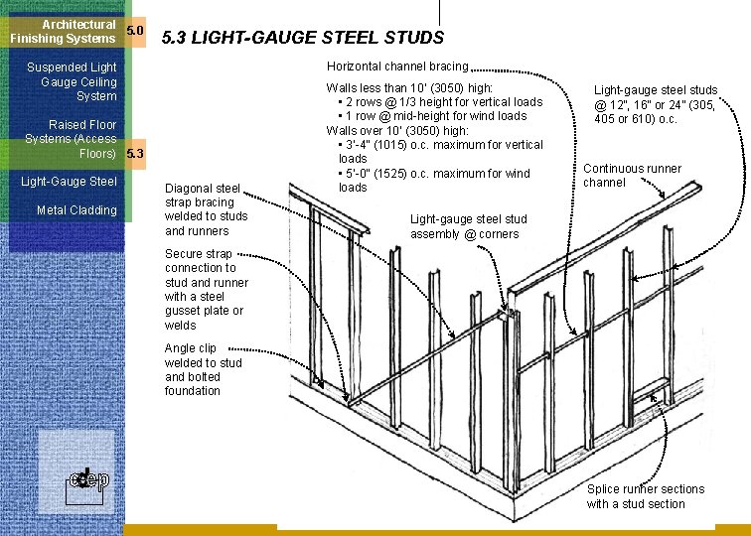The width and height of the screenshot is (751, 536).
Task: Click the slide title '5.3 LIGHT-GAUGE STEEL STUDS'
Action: click(x=302, y=39)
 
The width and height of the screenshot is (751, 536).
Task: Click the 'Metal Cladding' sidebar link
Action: click(x=76, y=210)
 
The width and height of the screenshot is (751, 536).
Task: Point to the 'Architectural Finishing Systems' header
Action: click(x=64, y=31)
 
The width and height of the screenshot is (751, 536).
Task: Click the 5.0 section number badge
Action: click(x=136, y=31)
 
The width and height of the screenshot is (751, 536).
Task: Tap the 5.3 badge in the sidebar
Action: click(x=136, y=154)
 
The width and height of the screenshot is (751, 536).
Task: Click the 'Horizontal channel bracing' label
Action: click(x=397, y=67)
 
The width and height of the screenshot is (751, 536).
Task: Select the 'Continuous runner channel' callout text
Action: click(x=632, y=176)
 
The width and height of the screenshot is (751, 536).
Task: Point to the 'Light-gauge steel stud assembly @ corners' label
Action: click(x=469, y=226)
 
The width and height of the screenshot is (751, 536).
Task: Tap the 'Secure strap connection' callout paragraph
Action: click(x=207, y=289)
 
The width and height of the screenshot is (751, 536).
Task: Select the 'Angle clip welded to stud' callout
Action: click(x=204, y=369)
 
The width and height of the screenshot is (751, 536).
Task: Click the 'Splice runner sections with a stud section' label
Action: click(x=645, y=496)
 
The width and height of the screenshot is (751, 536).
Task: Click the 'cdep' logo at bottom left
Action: click(x=87, y=480)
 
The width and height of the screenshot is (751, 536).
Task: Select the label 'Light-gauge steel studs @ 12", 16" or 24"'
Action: click(x=655, y=103)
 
